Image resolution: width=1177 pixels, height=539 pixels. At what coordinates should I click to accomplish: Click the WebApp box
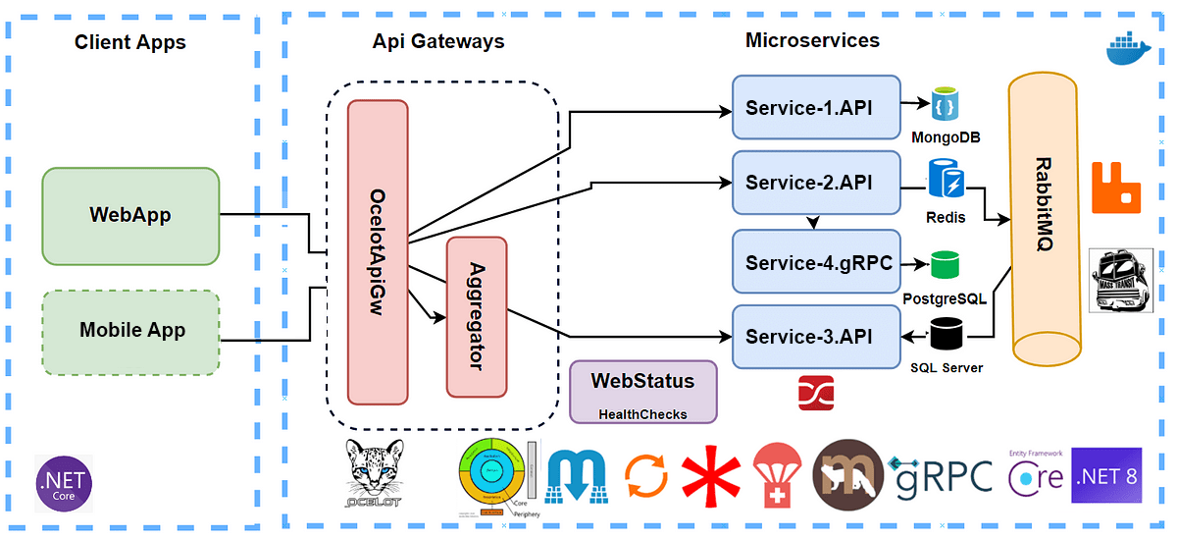(x=130, y=216)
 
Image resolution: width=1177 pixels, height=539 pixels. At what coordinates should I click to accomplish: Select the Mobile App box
(x=130, y=331)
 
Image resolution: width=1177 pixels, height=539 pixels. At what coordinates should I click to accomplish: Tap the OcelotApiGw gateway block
(x=378, y=251)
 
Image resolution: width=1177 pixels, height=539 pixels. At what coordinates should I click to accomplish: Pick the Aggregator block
(x=477, y=316)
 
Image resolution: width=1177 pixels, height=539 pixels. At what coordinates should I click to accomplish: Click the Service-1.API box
(x=816, y=107)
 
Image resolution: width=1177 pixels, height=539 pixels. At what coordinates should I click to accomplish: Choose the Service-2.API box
(x=816, y=183)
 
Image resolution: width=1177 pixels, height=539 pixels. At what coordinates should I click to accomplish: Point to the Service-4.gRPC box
(x=816, y=262)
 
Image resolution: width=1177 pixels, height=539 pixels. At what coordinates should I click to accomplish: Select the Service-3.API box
(x=816, y=337)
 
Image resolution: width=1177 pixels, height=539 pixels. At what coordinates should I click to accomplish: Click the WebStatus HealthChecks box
(x=642, y=391)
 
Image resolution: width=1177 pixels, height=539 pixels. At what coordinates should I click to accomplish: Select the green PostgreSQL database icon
(x=946, y=264)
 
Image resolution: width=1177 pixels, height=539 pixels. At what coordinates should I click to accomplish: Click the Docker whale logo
(x=1125, y=49)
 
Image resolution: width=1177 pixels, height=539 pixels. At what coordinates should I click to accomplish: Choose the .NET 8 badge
(x=1107, y=477)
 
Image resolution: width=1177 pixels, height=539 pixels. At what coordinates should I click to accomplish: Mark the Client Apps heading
(x=130, y=42)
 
